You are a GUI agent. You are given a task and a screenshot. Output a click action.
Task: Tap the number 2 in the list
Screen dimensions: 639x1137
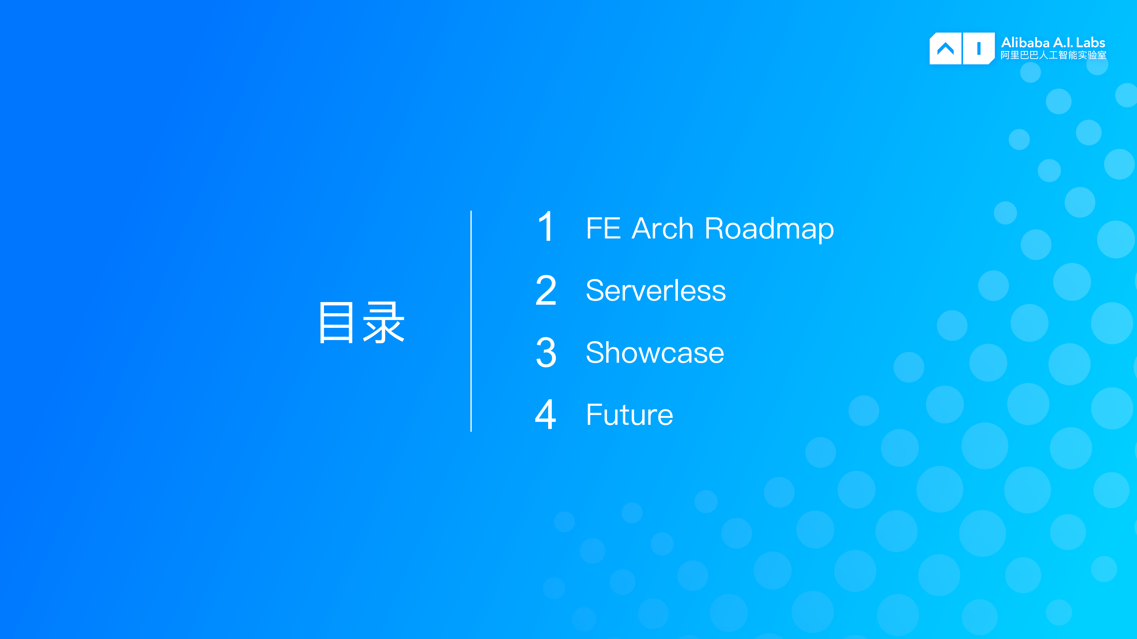(546, 290)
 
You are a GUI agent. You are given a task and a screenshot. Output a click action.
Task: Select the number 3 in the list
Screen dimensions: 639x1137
(546, 352)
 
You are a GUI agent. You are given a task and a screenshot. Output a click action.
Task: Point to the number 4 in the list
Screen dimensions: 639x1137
(546, 415)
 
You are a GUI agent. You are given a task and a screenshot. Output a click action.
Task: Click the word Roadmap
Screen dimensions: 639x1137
(769, 229)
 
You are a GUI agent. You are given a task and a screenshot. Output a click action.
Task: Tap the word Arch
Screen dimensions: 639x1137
(662, 229)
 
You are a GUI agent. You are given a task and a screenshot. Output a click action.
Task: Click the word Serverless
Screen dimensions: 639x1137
(655, 291)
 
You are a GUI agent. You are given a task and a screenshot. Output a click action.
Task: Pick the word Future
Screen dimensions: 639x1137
(629, 415)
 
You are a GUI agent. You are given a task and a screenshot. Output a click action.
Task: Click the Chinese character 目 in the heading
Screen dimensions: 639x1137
(336, 323)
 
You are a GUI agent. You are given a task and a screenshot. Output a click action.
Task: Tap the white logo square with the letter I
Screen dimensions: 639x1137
(979, 49)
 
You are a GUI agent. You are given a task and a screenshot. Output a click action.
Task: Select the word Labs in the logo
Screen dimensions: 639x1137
(1091, 43)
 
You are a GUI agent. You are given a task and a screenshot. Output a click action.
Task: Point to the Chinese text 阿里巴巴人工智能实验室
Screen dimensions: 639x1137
(1053, 55)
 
